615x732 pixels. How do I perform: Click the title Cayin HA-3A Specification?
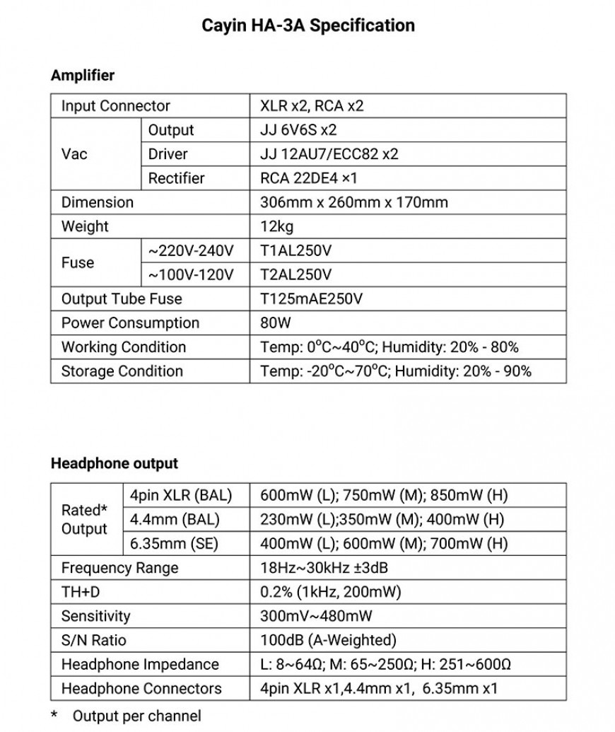click(308, 26)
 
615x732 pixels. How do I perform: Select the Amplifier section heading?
click(82, 75)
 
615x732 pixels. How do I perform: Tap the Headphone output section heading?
click(114, 464)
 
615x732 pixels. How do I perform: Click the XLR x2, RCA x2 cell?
click(312, 106)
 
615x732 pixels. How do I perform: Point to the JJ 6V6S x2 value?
click(298, 130)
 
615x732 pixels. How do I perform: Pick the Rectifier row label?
click(176, 178)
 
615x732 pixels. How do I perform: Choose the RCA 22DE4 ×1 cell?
click(308, 178)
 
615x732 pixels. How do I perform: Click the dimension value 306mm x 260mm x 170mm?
click(354, 202)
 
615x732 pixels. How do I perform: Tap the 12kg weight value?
click(276, 226)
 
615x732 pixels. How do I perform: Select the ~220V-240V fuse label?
click(190, 250)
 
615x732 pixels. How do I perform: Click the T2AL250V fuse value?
click(296, 274)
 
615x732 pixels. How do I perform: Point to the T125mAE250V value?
click(311, 298)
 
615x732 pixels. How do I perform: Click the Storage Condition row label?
click(122, 371)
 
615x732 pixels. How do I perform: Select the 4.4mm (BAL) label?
click(175, 519)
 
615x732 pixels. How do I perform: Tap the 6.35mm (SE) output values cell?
click(384, 543)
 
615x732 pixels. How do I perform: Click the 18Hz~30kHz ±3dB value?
click(324, 567)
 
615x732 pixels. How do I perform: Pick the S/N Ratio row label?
click(94, 640)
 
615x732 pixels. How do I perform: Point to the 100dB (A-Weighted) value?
click(328, 640)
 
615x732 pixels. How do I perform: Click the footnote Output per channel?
click(136, 715)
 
